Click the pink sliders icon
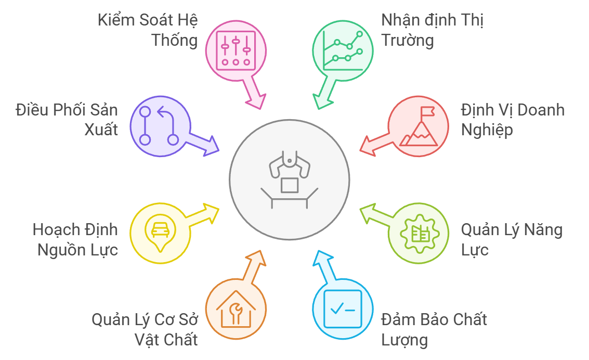tap(236, 51)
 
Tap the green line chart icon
tap(343, 51)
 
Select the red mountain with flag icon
tap(419, 126)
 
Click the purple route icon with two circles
tap(159, 126)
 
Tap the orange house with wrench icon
tap(236, 309)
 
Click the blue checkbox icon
tap(343, 309)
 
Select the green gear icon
tap(420, 234)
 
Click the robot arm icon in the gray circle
tap(290, 179)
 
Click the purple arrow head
tap(211, 146)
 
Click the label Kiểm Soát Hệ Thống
tap(148, 30)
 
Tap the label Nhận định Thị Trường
tap(432, 30)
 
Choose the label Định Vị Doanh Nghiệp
tap(513, 120)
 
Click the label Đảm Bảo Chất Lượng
tap(434, 329)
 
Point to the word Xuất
tap(101, 130)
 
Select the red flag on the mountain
tap(427, 112)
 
